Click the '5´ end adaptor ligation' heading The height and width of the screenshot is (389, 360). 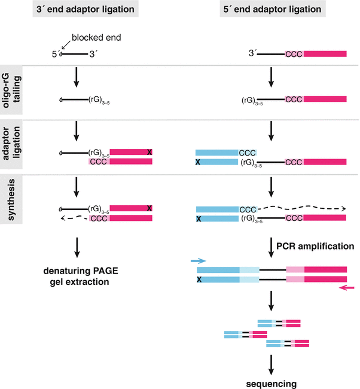tap(271, 10)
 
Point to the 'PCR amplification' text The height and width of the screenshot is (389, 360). tap(315, 246)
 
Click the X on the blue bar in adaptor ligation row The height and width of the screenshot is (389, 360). tap(200, 162)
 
